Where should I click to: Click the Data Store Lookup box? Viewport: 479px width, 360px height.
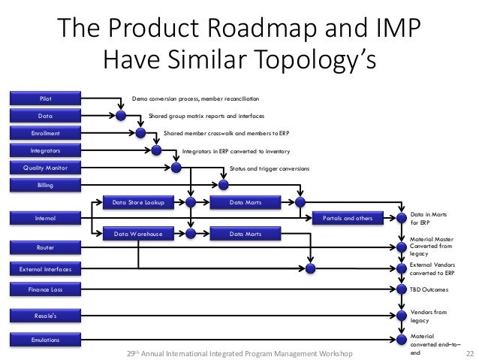(x=138, y=202)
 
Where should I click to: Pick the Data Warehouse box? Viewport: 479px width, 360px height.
(x=138, y=234)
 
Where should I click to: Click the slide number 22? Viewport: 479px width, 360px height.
(x=470, y=352)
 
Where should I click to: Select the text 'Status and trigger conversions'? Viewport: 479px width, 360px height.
(x=269, y=168)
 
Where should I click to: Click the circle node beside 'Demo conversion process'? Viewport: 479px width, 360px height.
(x=121, y=115)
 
